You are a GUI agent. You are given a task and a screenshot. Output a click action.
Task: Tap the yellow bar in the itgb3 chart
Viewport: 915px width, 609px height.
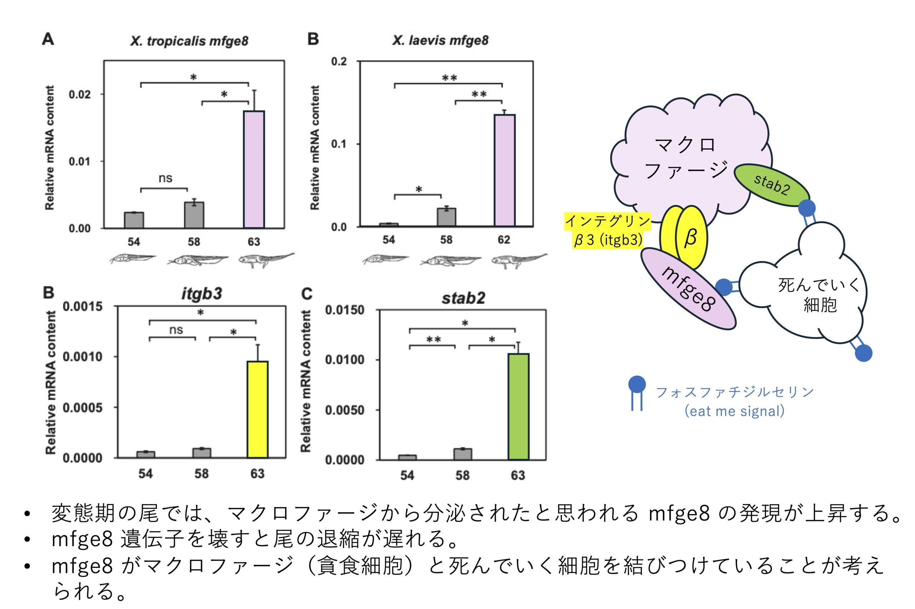(x=257, y=409)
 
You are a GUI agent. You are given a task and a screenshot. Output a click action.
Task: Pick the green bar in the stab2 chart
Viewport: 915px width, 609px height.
(x=518, y=406)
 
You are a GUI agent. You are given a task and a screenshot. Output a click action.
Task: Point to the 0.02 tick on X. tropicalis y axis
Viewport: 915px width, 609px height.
(x=80, y=94)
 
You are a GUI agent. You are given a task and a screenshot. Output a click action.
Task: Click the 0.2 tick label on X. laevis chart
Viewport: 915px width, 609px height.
(x=339, y=62)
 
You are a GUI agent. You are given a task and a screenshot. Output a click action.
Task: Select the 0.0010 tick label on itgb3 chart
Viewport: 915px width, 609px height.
(x=82, y=356)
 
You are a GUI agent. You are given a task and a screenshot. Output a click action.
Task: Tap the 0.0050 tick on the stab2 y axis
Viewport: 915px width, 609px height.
(x=345, y=410)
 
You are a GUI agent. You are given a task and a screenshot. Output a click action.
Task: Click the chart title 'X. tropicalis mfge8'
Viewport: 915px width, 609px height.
(x=189, y=41)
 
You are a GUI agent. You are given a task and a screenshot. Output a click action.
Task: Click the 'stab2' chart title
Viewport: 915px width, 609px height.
(x=463, y=298)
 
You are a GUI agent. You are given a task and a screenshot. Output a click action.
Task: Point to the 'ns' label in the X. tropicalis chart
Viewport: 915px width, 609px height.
(x=165, y=178)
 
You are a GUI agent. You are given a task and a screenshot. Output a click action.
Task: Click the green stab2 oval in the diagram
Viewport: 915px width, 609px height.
(x=771, y=185)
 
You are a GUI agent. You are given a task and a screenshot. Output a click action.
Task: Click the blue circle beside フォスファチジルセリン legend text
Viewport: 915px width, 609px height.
(x=637, y=384)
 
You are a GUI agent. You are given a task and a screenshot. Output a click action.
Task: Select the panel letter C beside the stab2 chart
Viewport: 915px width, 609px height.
(x=307, y=294)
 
